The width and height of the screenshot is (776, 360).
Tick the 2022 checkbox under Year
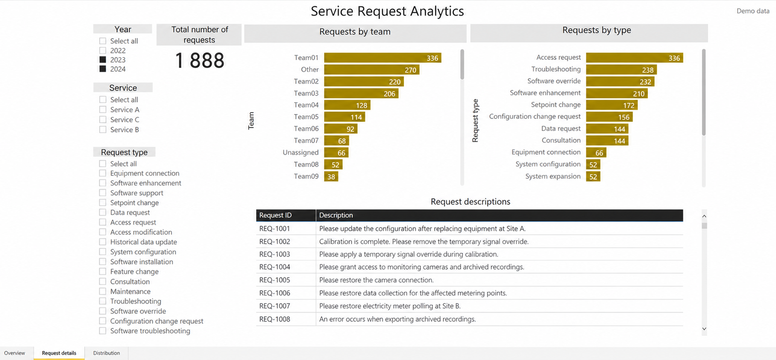102,50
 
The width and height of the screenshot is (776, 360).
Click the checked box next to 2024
102,69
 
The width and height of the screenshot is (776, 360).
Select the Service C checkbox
102,119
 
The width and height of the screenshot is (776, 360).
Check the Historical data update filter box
102,242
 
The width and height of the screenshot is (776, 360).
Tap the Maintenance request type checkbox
102,292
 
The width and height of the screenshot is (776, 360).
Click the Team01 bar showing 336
383,58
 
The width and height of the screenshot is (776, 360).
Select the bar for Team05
344,117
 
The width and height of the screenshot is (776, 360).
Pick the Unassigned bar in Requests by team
336,153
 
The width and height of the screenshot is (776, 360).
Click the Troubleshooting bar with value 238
621,70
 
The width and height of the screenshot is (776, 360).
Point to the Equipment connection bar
596,153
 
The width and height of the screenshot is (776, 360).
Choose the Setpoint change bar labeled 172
612,105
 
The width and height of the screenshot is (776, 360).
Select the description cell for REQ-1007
499,306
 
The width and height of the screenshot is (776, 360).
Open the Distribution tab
106,353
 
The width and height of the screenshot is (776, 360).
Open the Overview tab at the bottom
15,353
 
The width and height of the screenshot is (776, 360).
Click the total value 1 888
199,60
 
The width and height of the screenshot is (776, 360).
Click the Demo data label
753,11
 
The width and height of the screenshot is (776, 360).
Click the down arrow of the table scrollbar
704,329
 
